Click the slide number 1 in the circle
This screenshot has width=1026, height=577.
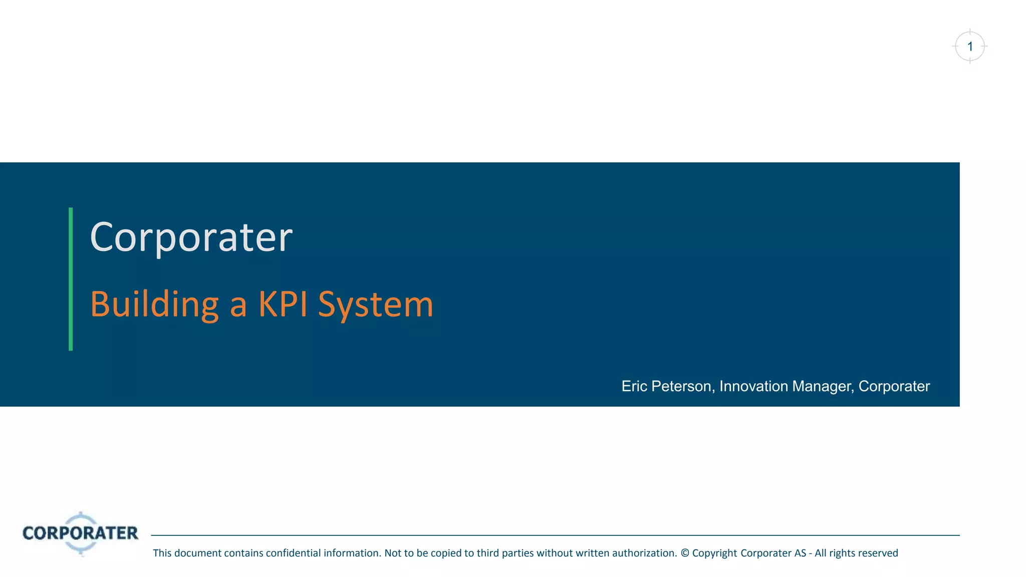pos(970,47)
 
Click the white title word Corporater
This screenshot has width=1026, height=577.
pos(191,237)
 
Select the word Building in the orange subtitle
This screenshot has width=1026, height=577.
pos(154,304)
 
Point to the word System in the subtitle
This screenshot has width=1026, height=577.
pos(375,305)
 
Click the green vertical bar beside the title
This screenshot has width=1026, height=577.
pos(71,279)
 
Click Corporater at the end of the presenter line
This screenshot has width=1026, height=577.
pos(894,386)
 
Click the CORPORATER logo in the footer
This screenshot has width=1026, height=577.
pos(80,533)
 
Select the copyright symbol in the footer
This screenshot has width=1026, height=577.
pos(685,553)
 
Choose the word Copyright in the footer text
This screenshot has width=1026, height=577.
pos(714,553)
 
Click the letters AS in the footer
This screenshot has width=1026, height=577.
pos(800,553)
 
